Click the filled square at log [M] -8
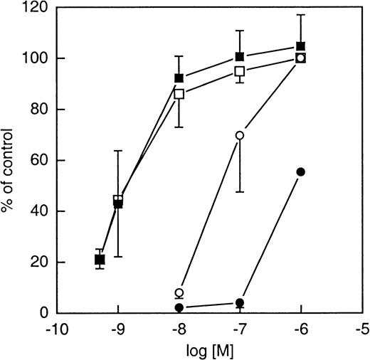[179, 78]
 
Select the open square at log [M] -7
[240, 71]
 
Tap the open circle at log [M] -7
[240, 135]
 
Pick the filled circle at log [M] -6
[300, 171]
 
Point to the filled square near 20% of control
[100, 260]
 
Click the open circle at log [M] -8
[179, 292]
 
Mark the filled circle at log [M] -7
[240, 302]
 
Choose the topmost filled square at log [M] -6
[300, 46]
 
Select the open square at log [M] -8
[179, 93]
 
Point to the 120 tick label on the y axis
[28, 7]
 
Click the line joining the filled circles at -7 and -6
[270, 237]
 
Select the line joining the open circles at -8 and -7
[210, 213]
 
